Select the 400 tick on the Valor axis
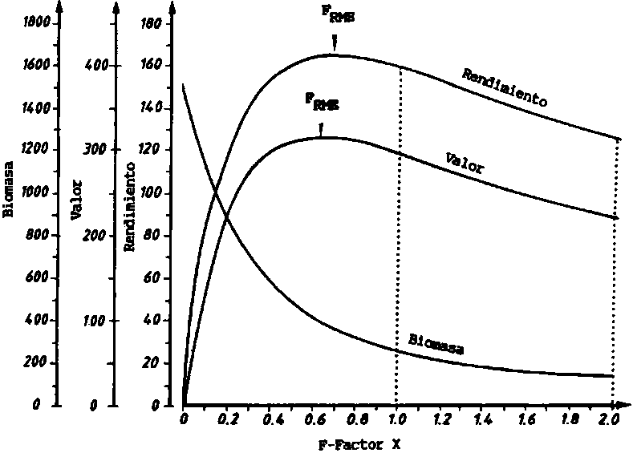(97, 66)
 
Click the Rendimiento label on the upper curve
(505, 87)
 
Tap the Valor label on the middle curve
(465, 161)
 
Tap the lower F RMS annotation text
(321, 103)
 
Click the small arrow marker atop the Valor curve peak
(321, 128)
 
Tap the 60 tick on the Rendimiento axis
(152, 278)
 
